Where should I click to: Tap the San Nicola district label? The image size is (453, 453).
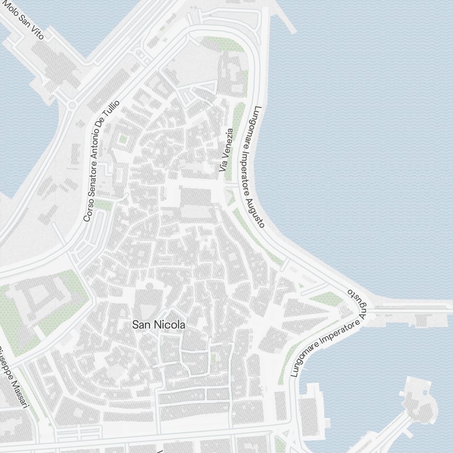point(159,325)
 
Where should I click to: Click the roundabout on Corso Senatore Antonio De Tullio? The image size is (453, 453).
point(72,106)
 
